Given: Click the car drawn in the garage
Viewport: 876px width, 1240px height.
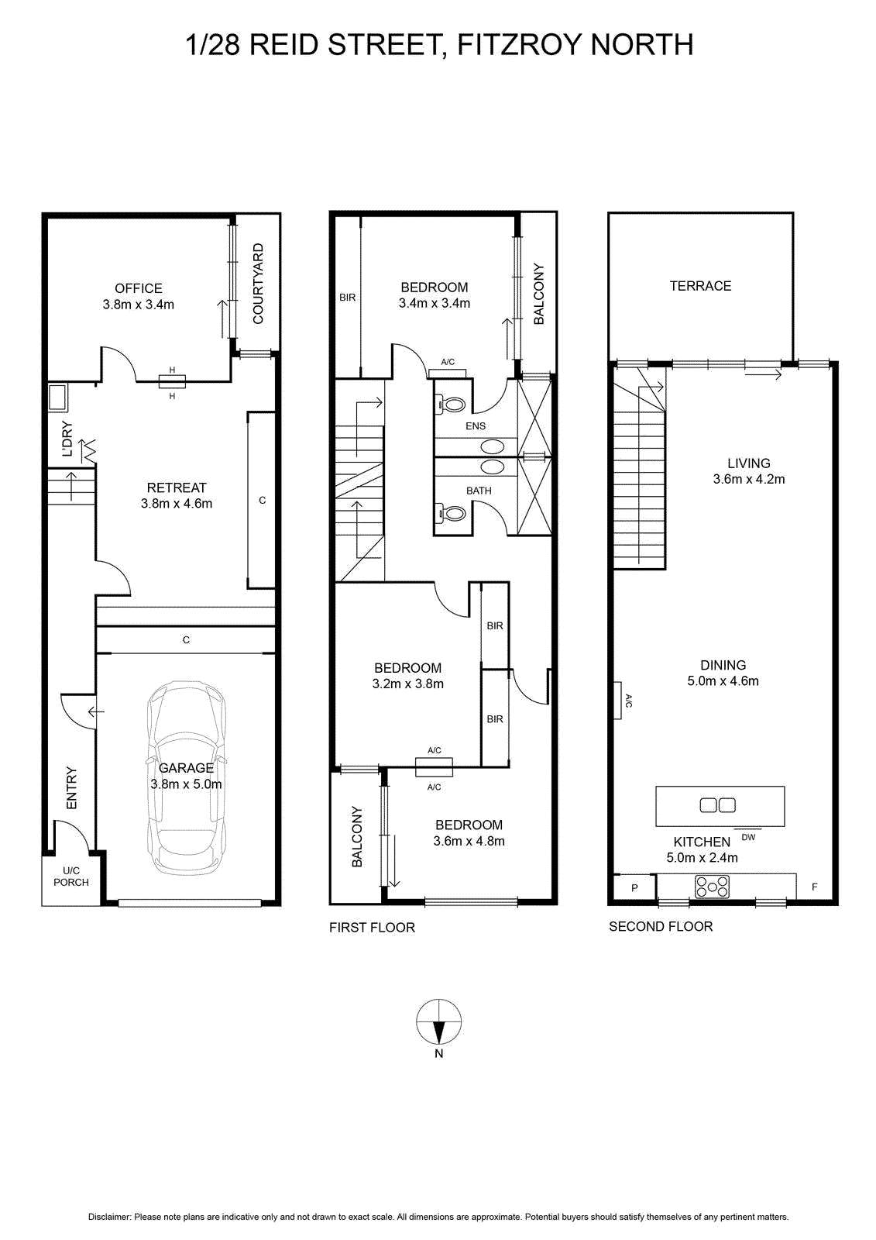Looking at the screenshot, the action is (186, 778).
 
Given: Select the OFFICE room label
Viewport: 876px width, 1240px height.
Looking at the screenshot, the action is (139, 288).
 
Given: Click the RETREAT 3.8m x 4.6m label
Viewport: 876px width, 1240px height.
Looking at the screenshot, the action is (177, 495).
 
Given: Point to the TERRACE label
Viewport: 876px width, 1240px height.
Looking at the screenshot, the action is (701, 286).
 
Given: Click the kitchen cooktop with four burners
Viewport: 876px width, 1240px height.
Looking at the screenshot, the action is (713, 887).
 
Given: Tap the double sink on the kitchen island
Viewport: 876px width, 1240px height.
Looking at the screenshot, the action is (718, 805).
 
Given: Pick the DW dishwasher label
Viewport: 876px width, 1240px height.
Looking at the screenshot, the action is (748, 838).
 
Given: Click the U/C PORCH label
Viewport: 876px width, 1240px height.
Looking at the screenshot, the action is (71, 877).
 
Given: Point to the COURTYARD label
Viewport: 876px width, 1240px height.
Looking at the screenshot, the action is (258, 284).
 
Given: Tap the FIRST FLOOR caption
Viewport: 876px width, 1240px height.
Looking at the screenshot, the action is (372, 928).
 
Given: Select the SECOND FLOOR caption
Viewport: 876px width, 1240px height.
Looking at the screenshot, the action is (661, 927).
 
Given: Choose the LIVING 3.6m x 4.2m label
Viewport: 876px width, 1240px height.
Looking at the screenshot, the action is (749, 471).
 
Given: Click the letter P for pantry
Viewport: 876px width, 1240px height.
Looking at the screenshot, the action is (634, 888).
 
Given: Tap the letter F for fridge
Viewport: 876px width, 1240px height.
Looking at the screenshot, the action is (815, 887).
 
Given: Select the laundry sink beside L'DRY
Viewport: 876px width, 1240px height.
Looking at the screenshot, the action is (57, 398).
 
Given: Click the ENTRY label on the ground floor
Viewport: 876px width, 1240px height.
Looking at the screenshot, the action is (71, 787).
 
